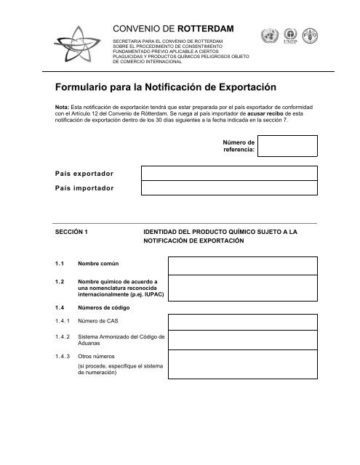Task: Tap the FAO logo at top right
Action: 310,36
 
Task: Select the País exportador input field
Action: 228,173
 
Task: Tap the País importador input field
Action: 228,188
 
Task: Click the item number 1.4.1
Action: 63,320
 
